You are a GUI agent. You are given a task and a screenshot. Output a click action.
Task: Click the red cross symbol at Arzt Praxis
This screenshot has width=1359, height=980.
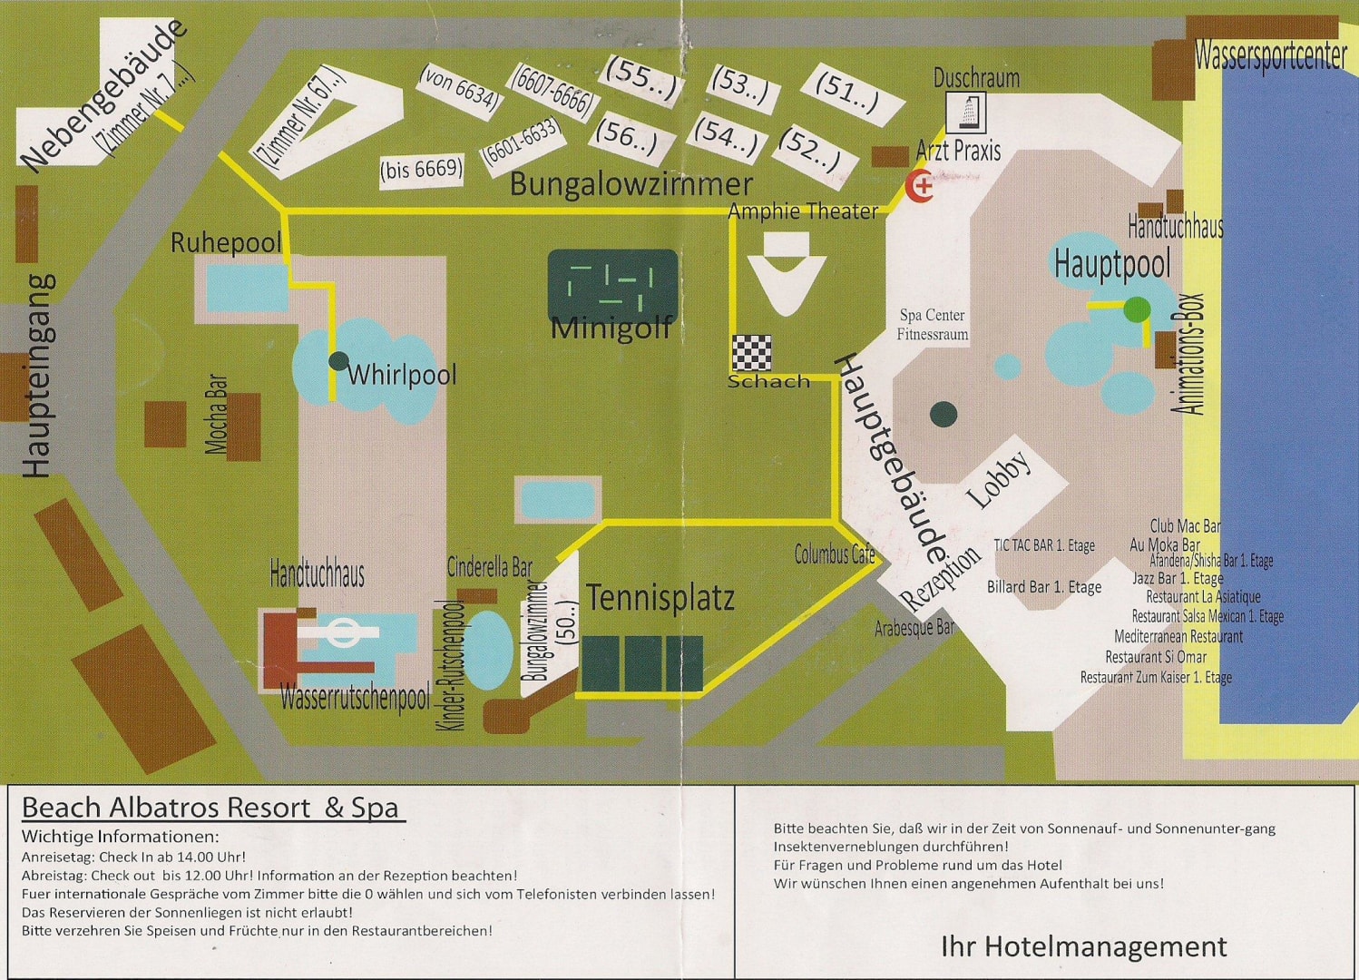pos(921,187)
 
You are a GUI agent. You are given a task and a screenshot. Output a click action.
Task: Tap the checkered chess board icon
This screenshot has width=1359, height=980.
pos(752,353)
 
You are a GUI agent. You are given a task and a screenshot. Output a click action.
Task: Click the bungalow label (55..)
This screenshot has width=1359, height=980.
pos(642,77)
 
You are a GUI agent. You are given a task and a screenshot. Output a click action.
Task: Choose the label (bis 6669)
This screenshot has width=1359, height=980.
pos(422,169)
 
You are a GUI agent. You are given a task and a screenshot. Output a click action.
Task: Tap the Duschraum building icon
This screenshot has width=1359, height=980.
pos(966,113)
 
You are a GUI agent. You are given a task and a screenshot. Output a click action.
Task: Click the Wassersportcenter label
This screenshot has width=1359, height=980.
pos(1270,57)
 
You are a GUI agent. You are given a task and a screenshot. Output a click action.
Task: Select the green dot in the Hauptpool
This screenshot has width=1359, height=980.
pos(1137,309)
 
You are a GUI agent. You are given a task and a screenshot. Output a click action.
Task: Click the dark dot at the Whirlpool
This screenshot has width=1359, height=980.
pos(338,361)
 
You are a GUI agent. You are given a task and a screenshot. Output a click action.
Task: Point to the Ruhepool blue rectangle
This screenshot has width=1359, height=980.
pos(246,289)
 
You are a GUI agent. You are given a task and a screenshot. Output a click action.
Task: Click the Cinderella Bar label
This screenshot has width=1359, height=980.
pos(490,568)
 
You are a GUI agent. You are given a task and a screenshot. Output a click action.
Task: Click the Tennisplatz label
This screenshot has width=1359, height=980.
pos(660,598)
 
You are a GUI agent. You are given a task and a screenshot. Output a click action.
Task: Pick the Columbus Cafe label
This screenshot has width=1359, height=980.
pos(835,554)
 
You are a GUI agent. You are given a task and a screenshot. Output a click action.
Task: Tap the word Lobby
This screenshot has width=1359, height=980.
pos(999,478)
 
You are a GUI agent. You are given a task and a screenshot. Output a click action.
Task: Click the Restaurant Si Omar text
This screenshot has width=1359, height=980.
pos(1156,657)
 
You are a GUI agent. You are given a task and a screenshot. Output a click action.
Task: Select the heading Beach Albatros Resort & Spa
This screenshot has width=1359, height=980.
pos(211,807)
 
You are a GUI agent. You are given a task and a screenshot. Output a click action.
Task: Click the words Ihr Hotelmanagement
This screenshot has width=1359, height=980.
pos(1083,946)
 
